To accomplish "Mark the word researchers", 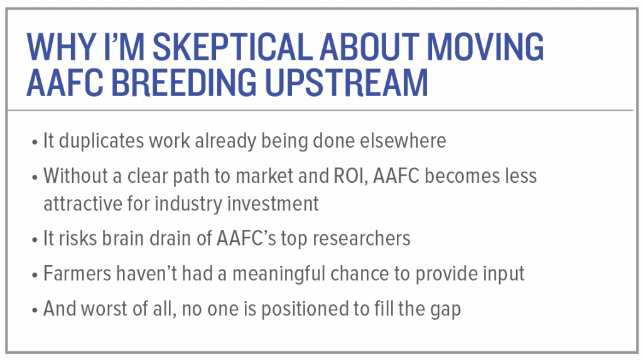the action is coord(361,239).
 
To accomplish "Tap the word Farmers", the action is coord(77,274).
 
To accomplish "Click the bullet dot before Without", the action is coord(35,178).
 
